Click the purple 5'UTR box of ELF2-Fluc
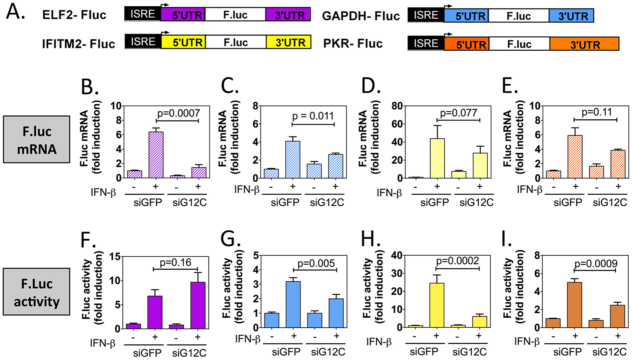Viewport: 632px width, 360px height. [183, 14]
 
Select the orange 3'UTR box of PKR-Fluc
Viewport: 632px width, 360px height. [584, 44]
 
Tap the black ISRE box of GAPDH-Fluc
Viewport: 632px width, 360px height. [426, 15]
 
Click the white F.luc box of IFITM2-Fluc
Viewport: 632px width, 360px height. [235, 42]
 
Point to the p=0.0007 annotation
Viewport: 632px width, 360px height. [178, 113]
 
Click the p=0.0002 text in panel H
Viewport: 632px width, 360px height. [458, 261]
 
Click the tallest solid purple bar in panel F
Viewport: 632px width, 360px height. [198, 305]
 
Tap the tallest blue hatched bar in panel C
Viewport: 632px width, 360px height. [292, 159]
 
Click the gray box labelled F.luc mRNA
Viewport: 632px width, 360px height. [37, 139]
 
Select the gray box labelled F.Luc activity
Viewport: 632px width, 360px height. [37, 292]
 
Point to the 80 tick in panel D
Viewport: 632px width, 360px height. [398, 106]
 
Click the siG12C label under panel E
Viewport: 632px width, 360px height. [610, 202]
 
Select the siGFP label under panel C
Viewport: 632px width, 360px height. [285, 202]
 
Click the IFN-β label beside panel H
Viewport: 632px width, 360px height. [379, 342]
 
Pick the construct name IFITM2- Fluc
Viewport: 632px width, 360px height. [79, 44]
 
